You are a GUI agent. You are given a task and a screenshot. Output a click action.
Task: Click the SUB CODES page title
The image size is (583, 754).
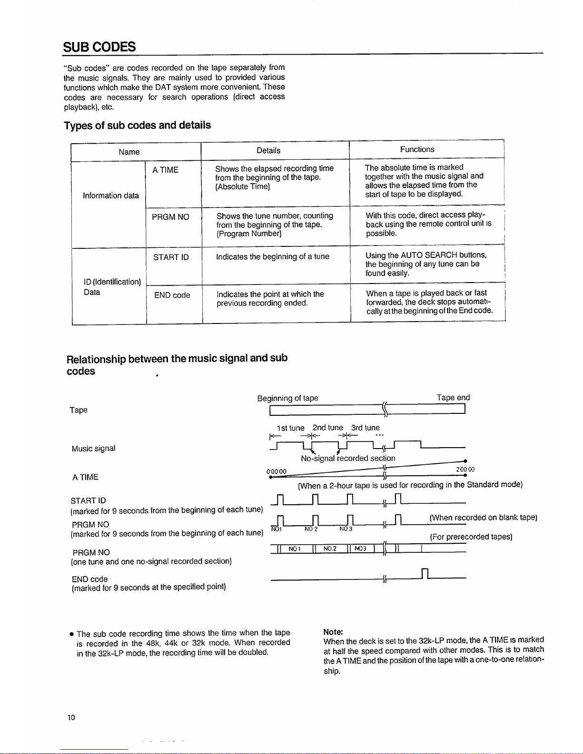tap(99, 47)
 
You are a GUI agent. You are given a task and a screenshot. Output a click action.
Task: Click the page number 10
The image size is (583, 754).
tap(71, 717)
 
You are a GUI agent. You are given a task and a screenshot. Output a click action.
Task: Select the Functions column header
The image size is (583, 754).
tap(417, 149)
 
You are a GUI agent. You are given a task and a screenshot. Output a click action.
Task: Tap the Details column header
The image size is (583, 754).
tap(268, 150)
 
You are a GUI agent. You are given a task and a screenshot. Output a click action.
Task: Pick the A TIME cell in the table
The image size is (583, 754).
tap(165, 170)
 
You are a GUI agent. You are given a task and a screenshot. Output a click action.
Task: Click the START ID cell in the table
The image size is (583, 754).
tap(171, 257)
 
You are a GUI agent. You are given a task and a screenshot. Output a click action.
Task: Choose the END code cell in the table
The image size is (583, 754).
tap(172, 295)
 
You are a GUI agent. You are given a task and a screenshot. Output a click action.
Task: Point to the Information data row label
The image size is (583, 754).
tap(111, 196)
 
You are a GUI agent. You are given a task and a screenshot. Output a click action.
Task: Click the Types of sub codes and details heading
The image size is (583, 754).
tap(138, 125)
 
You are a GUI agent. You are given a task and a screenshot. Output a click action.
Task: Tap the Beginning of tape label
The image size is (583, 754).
tap(287, 398)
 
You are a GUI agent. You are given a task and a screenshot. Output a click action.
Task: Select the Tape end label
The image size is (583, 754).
tap(453, 398)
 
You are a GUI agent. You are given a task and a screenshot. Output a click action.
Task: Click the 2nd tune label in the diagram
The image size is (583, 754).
tap(327, 428)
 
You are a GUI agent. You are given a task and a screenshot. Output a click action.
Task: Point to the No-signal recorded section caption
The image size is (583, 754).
tap(348, 458)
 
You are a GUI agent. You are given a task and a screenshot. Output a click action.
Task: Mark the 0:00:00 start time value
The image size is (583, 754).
tap(277, 471)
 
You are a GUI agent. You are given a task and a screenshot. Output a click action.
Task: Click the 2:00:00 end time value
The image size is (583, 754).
tap(465, 470)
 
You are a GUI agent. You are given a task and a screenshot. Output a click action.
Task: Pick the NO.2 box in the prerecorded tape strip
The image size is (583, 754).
tap(329, 549)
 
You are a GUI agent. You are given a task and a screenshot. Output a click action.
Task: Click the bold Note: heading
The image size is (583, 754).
tap(333, 632)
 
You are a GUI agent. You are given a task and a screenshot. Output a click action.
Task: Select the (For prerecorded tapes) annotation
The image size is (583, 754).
tap(471, 537)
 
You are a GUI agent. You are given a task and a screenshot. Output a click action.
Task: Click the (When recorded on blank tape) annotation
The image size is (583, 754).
tap(483, 518)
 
